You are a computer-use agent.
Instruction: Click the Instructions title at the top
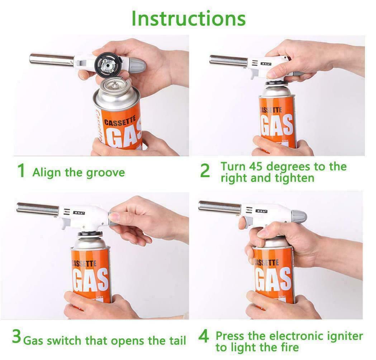click(189, 18)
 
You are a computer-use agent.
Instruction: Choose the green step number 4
click(203, 337)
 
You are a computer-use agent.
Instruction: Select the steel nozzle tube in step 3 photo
click(38, 208)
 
